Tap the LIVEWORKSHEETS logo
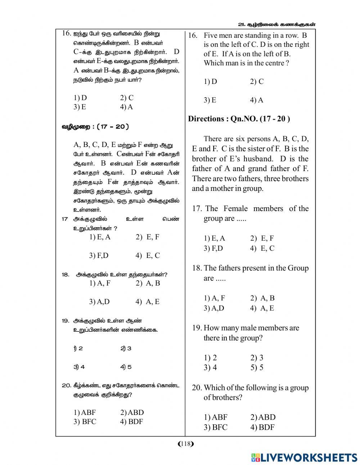(x=304, y=457)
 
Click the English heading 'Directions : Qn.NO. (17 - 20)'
(x=239, y=119)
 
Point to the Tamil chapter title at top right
(x=277, y=24)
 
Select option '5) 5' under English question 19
(x=257, y=367)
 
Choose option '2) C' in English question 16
(x=257, y=81)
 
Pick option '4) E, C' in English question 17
(x=262, y=248)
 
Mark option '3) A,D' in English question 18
(x=214, y=308)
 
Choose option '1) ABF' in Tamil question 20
(x=85, y=412)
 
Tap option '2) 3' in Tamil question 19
(x=126, y=348)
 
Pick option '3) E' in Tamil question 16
(x=80, y=107)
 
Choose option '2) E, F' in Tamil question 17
(x=147, y=237)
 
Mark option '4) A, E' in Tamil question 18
(x=147, y=302)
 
